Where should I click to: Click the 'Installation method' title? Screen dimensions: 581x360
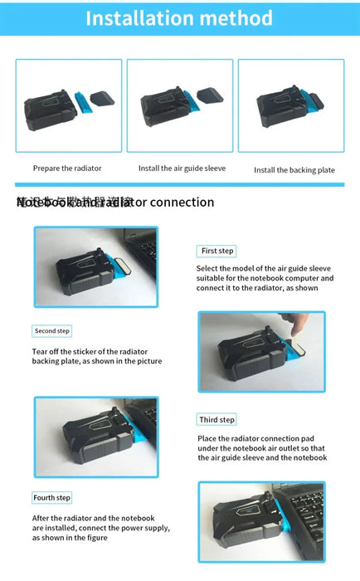click(x=179, y=17)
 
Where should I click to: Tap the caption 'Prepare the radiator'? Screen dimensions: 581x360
click(x=67, y=168)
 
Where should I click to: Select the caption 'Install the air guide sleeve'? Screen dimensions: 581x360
click(x=179, y=168)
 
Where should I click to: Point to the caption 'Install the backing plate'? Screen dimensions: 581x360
click(x=294, y=169)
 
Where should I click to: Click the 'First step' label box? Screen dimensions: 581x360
click(x=218, y=251)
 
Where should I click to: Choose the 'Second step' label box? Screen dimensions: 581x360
click(x=52, y=331)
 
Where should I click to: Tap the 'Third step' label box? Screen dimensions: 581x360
click(x=217, y=420)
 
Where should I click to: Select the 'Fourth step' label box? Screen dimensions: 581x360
click(x=52, y=498)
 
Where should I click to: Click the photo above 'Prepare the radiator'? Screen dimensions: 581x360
click(x=68, y=105)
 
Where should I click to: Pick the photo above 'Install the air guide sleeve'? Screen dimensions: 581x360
click(x=179, y=105)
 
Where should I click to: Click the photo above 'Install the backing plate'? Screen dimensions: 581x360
click(x=291, y=105)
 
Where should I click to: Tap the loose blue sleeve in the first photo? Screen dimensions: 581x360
click(x=81, y=103)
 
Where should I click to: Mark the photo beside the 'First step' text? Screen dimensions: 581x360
click(x=95, y=266)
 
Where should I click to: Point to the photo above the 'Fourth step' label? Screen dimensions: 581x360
click(x=95, y=437)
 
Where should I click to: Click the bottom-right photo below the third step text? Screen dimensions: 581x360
click(x=261, y=522)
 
